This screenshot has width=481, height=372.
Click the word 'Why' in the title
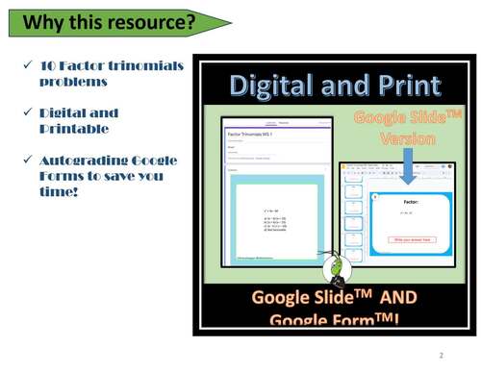click(x=43, y=21)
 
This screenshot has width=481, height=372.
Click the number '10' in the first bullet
click(x=49, y=65)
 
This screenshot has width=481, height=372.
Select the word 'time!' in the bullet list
click(x=59, y=192)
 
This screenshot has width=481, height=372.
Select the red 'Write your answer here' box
click(x=411, y=239)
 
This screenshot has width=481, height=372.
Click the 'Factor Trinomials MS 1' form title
click(x=250, y=136)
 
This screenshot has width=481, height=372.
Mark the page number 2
click(x=440, y=355)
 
